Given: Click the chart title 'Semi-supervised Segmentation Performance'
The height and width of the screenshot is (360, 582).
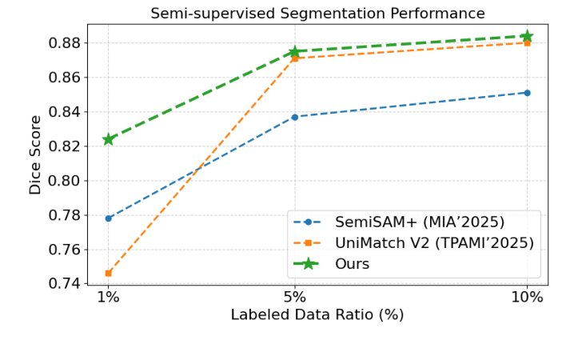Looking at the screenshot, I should click(x=317, y=14).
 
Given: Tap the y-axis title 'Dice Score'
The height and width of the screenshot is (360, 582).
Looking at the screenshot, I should click(x=35, y=154).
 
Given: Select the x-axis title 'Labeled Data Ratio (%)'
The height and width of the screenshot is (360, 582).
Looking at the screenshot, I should click(x=317, y=315).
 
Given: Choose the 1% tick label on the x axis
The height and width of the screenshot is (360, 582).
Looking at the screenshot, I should click(x=108, y=297).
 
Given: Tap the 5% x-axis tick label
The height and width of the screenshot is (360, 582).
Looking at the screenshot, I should click(x=294, y=297).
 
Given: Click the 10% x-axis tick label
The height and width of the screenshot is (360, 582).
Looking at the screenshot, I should click(x=527, y=297).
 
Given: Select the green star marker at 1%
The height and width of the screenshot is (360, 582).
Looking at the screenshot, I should click(x=109, y=139).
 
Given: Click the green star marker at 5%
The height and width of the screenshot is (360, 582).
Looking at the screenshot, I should click(x=294, y=51).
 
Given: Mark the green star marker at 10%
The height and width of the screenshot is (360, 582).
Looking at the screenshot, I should click(x=527, y=36).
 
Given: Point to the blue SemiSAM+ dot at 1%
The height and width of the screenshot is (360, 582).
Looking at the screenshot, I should click(x=109, y=218).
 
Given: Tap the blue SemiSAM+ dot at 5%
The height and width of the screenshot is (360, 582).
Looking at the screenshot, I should click(x=294, y=117).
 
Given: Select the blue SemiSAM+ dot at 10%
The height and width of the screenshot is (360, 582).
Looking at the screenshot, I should click(x=527, y=93).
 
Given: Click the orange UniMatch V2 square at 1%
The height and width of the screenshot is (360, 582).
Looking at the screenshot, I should click(x=109, y=273).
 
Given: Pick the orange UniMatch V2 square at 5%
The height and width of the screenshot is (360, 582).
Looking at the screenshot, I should click(x=294, y=58).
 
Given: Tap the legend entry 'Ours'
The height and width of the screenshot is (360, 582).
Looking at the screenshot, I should click(x=352, y=264).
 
